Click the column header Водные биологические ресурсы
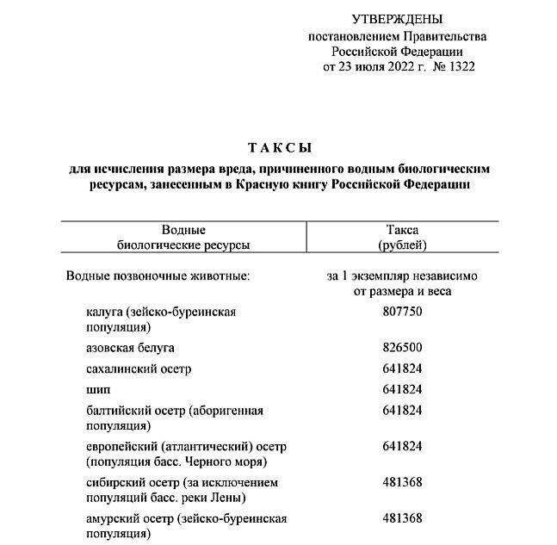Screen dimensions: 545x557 coord(183,238)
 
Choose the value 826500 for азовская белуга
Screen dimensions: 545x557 coord(401,347)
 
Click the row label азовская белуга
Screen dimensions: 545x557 coord(130,347)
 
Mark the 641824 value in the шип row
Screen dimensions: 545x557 coord(401,389)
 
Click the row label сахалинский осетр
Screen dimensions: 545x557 coord(139,368)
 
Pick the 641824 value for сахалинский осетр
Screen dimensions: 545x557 coord(401,368)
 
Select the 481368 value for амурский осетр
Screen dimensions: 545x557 coord(401,518)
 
